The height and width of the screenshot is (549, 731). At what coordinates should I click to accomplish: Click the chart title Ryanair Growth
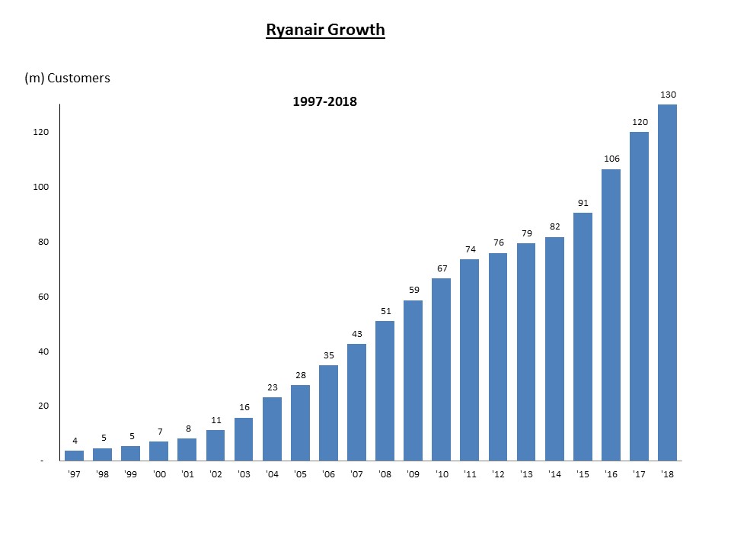tap(325, 30)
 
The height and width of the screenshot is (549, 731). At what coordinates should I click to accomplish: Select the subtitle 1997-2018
tap(324, 101)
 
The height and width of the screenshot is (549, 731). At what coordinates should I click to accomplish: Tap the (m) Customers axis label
tap(68, 78)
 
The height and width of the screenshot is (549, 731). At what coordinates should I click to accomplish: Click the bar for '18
tap(667, 282)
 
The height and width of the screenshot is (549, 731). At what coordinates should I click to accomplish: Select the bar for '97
tap(75, 455)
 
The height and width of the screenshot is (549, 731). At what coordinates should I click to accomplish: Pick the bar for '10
tap(441, 369)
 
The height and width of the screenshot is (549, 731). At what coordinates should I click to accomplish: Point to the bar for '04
tap(272, 429)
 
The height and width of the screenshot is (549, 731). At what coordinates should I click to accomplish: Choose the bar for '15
tap(583, 336)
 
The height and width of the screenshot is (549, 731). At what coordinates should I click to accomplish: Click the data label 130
tap(667, 94)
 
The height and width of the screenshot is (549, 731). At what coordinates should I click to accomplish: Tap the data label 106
tap(611, 159)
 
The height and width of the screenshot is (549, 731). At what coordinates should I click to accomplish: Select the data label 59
tap(413, 290)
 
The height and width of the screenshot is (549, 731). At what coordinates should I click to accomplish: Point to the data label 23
tap(272, 387)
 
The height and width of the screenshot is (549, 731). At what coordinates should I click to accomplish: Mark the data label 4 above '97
tap(75, 440)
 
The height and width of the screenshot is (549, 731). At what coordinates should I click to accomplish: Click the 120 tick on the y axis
tap(40, 132)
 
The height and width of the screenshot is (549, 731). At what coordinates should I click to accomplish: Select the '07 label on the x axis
tap(356, 474)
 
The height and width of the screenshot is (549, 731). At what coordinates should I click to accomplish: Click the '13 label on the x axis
tap(526, 474)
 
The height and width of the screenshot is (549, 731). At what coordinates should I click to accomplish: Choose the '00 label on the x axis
tap(159, 474)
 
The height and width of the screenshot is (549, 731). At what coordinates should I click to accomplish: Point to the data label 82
tap(555, 226)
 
